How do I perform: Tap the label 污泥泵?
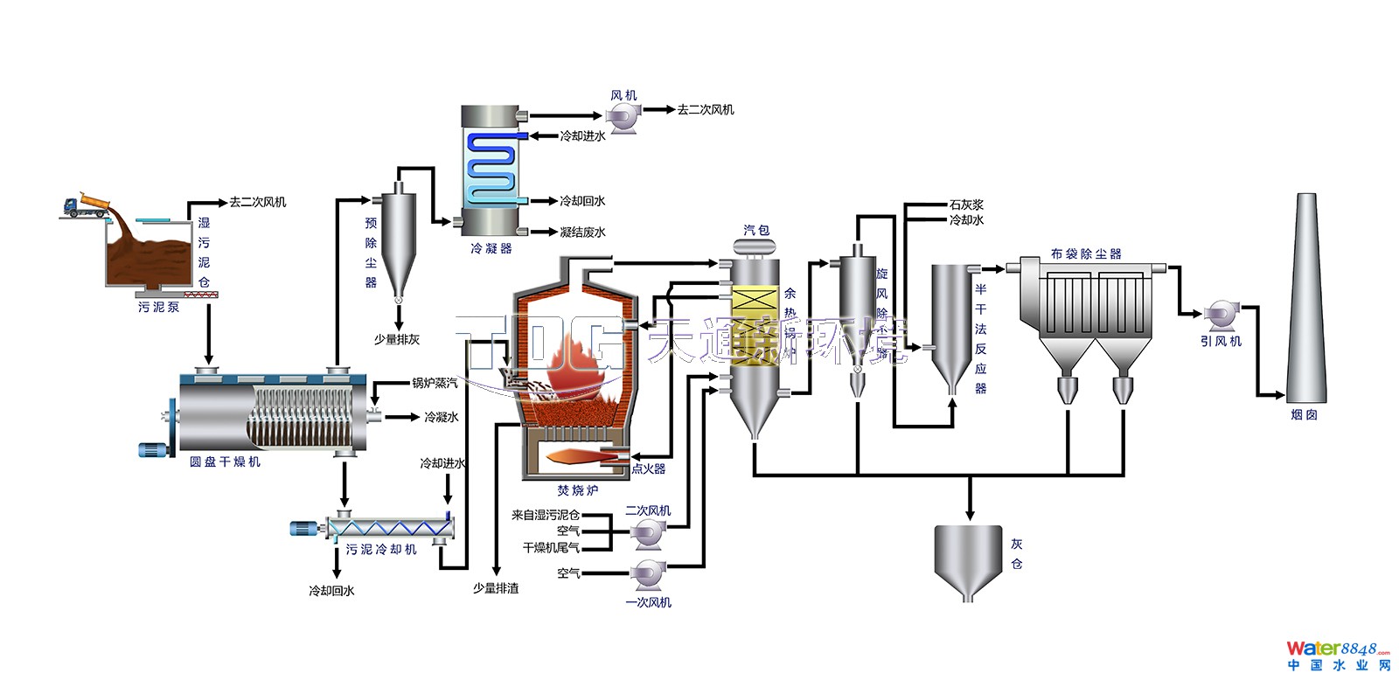point(158,308)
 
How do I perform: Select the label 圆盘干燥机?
point(225,461)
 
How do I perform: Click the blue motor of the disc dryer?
point(155,450)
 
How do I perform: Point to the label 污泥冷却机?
point(381,550)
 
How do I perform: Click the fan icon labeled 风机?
point(624,117)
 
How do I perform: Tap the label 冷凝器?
point(491,249)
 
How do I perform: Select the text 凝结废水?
point(582,232)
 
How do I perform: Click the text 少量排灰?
point(397,339)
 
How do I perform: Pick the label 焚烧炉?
point(578,490)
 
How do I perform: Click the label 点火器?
point(649,468)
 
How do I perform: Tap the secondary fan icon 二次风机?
point(649,531)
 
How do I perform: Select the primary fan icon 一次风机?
point(649,574)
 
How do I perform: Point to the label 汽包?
point(756,230)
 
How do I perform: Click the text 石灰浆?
point(966,205)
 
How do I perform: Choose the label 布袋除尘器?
point(1086,254)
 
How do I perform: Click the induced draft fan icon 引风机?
point(1218,314)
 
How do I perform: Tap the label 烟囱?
point(1304,415)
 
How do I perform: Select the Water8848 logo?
point(1338,655)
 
